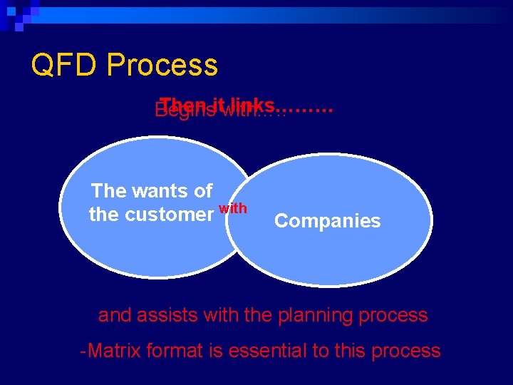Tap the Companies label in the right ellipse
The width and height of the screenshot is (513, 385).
tap(328, 221)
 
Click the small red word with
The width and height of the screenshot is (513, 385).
tap(233, 208)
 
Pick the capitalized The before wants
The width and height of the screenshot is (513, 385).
tap(109, 191)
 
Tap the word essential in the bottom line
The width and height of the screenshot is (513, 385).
tap(266, 351)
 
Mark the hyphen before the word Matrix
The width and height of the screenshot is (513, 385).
tap(83, 351)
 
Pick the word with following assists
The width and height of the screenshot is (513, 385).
tap(222, 315)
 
